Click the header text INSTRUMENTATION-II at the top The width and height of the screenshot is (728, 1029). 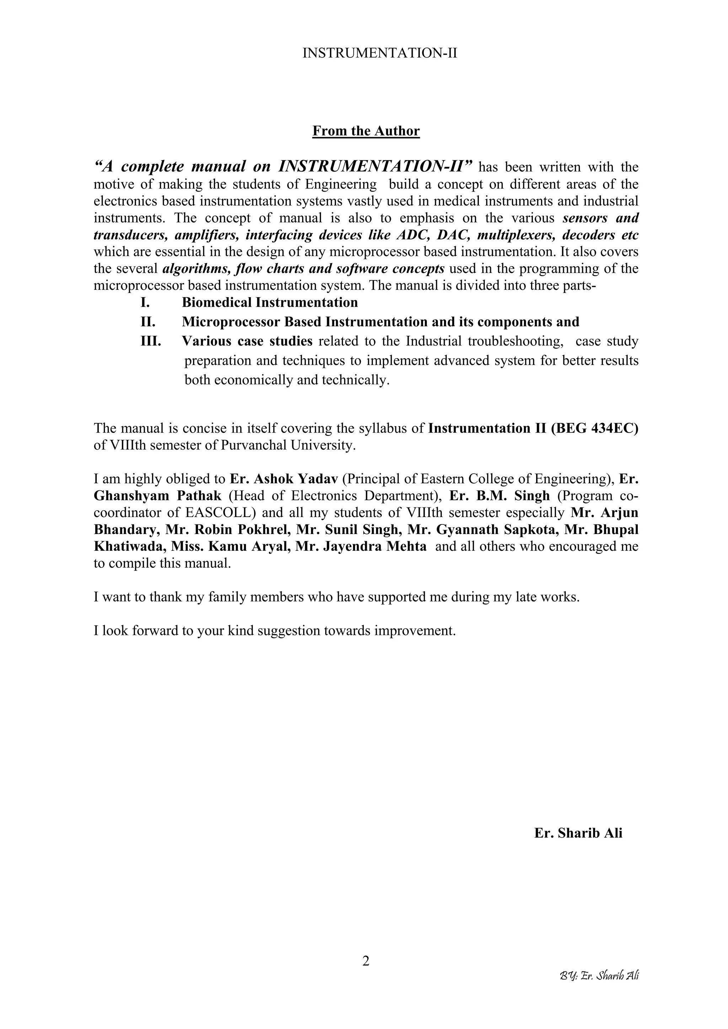pos(380,53)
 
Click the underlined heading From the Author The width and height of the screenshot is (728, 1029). pos(365,131)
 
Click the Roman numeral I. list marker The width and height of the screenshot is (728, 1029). pos(145,303)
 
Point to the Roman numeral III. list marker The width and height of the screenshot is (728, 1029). pos(151,341)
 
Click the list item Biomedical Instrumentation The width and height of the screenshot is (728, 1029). pos(269,303)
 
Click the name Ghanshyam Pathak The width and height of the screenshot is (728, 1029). pos(157,496)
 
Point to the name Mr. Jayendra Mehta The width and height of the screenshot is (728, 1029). pos(361,546)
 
